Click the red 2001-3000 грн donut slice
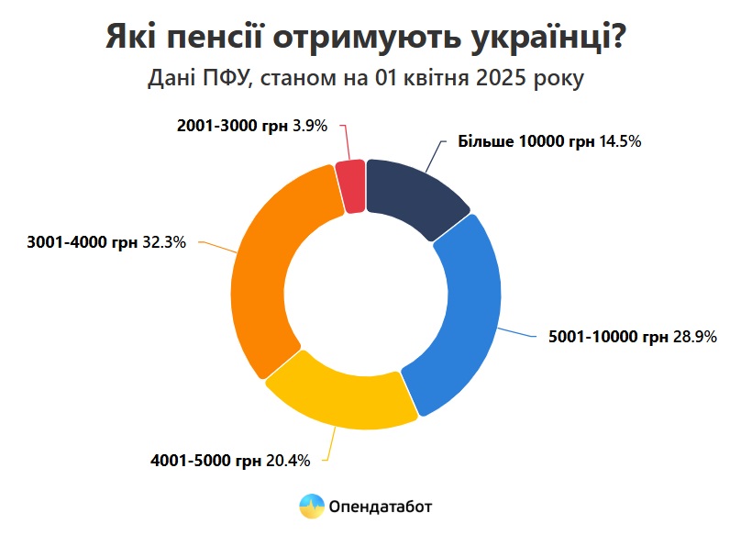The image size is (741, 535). [x=350, y=186]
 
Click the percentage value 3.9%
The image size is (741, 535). [x=309, y=127]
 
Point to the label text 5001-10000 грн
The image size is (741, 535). [x=607, y=338]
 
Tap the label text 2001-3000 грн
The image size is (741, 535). [x=232, y=127]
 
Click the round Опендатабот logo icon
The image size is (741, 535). [x=311, y=506]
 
